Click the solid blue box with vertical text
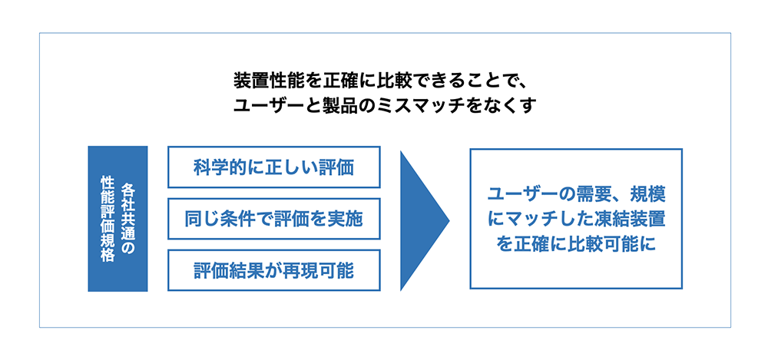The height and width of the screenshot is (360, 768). [118, 219]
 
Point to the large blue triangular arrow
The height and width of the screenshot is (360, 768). [421, 220]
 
